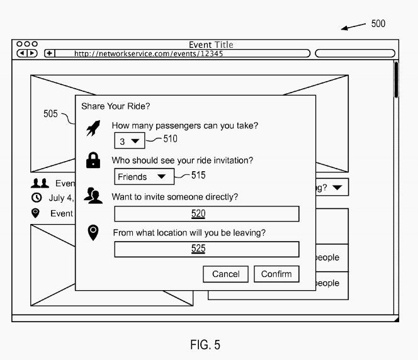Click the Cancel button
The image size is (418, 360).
pos(225,274)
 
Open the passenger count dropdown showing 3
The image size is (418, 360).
pos(130,141)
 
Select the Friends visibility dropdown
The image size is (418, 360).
pos(144,176)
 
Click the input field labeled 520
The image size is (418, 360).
pos(206,214)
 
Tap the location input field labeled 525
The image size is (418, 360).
pos(206,249)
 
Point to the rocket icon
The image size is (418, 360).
pos(93,128)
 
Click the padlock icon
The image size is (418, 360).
pos(93,160)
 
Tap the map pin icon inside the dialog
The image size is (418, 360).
pos(93,233)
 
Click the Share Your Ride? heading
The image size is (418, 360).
pos(116,106)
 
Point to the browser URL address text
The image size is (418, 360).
pos(149,53)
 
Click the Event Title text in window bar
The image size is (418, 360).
pos(211,45)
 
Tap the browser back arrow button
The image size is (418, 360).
pos(22,53)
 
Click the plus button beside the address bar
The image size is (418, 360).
pos(49,53)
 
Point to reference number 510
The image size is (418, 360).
pos(171,138)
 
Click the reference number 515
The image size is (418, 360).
pos(198,175)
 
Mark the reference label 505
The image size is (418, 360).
pos(50,114)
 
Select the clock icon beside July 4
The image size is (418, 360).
pos(37,198)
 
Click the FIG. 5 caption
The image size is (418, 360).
pos(205,345)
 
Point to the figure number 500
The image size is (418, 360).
pos(378,24)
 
